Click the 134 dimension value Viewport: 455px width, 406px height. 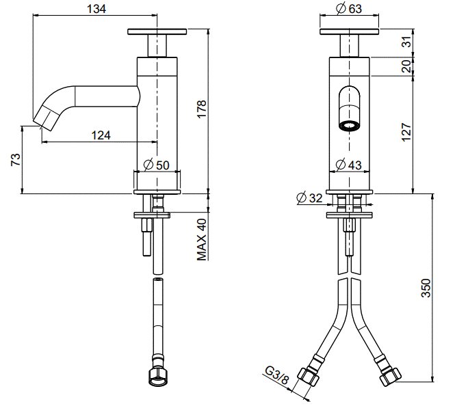[96, 9]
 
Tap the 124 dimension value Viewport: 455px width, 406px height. [101, 135]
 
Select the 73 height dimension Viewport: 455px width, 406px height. [16, 159]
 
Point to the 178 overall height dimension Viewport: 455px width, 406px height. [201, 109]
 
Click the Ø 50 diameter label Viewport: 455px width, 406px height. [156, 165]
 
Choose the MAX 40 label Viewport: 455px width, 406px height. [202, 240]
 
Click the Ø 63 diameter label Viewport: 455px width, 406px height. [349, 8]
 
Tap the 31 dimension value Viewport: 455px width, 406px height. [408, 42]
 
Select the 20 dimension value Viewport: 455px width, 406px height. [407, 66]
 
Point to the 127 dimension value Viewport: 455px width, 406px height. [406, 132]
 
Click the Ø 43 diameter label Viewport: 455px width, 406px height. [348, 165]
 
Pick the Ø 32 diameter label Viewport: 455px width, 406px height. [309, 198]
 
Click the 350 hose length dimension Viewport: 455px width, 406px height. [426, 288]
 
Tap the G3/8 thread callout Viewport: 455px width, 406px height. [277, 375]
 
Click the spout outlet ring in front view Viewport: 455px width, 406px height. [350, 126]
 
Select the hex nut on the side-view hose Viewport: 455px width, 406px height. [157, 377]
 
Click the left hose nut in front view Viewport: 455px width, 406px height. [308, 377]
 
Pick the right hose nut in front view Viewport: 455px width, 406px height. [391, 377]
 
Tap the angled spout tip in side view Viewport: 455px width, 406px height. [47, 118]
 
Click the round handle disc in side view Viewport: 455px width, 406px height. [157, 31]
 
